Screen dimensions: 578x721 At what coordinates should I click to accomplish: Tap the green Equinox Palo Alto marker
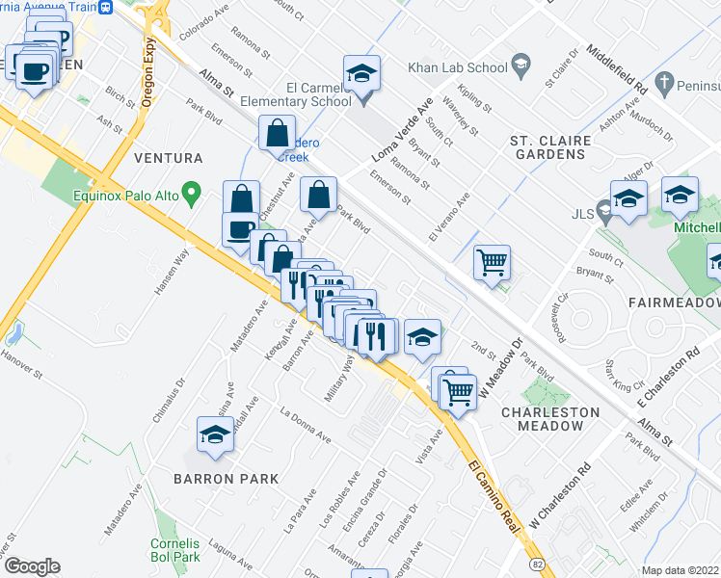pyautogui.click(x=192, y=196)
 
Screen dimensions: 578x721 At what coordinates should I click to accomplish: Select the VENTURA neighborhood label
pyautogui.click(x=169, y=157)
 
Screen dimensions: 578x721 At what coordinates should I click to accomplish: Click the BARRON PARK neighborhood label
pyautogui.click(x=226, y=478)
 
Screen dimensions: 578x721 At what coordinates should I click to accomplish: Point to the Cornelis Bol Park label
pyautogui.click(x=174, y=549)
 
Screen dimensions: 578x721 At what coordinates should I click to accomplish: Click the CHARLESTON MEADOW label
pyautogui.click(x=550, y=418)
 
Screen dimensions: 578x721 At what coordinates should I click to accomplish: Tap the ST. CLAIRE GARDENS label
pyautogui.click(x=549, y=148)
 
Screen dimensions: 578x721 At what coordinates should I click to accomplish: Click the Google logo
pyautogui.click(x=32, y=566)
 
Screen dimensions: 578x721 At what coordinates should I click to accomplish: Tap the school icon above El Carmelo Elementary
pyautogui.click(x=361, y=73)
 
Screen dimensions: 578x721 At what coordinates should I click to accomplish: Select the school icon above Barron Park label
pyautogui.click(x=215, y=434)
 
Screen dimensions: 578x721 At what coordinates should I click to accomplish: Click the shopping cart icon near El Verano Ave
pyautogui.click(x=493, y=261)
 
